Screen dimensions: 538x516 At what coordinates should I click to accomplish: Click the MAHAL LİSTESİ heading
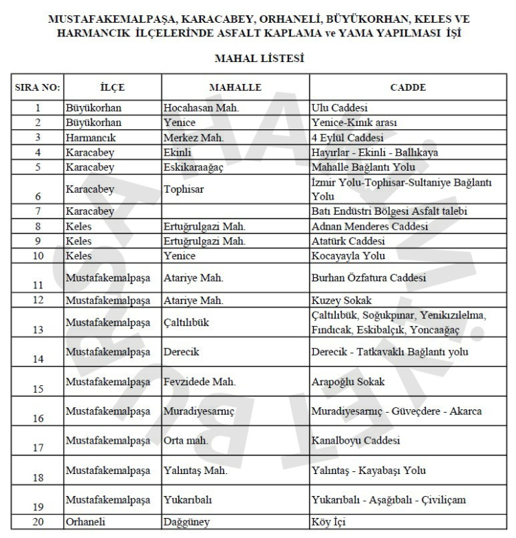point(259,60)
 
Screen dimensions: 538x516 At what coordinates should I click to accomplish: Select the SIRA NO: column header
point(38,87)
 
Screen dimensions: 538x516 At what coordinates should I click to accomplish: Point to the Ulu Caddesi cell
point(342,108)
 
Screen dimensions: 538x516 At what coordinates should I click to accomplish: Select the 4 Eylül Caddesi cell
point(347,138)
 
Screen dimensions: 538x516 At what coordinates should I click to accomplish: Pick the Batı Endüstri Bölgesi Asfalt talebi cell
point(391,211)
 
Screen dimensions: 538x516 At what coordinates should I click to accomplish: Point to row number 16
point(38,418)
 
